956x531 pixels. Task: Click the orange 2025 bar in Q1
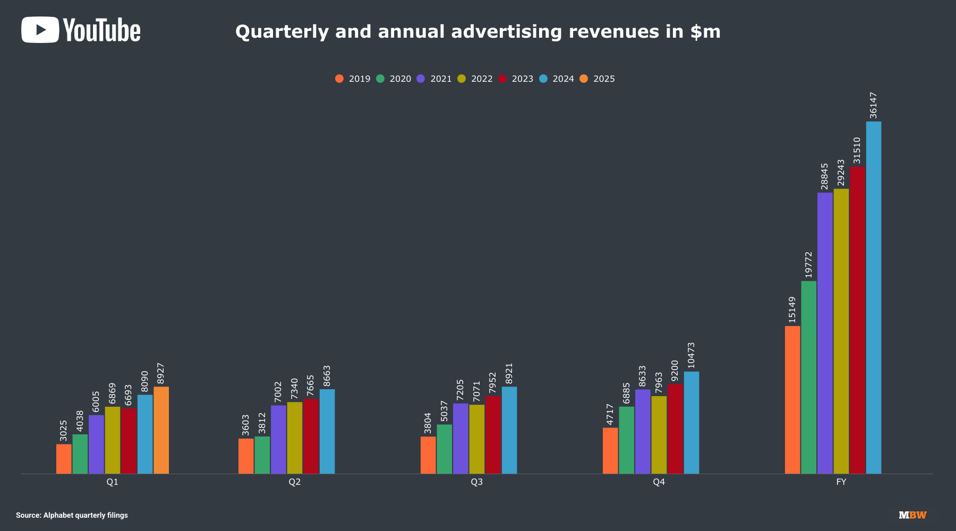(x=161, y=430)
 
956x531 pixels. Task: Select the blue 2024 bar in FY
(x=873, y=297)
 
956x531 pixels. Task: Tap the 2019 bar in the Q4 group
(x=610, y=450)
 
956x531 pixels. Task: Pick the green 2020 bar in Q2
(x=262, y=455)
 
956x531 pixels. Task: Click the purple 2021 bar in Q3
(x=460, y=439)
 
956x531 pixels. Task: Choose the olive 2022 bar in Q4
(x=659, y=435)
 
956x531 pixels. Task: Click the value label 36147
(x=873, y=106)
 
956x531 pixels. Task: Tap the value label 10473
(x=691, y=355)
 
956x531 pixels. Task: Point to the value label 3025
(x=64, y=431)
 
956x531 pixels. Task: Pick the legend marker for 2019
(x=339, y=79)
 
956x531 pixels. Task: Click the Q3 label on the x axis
(x=476, y=482)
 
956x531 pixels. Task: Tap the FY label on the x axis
(x=841, y=482)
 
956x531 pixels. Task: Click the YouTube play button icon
(x=40, y=30)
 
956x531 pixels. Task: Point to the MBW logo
(x=912, y=515)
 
